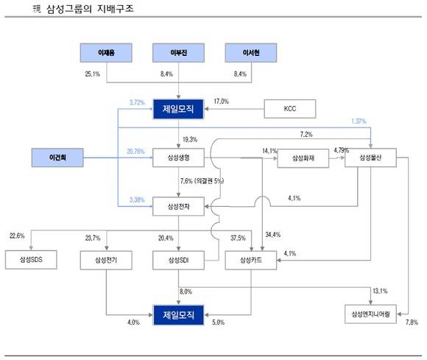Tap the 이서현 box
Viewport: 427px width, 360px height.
point(254,54)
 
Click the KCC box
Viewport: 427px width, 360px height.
point(289,110)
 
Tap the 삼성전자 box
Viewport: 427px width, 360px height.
point(181,205)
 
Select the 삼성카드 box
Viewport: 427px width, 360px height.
point(253,260)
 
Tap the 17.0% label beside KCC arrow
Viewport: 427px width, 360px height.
point(220,102)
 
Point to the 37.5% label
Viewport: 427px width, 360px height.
point(237,237)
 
